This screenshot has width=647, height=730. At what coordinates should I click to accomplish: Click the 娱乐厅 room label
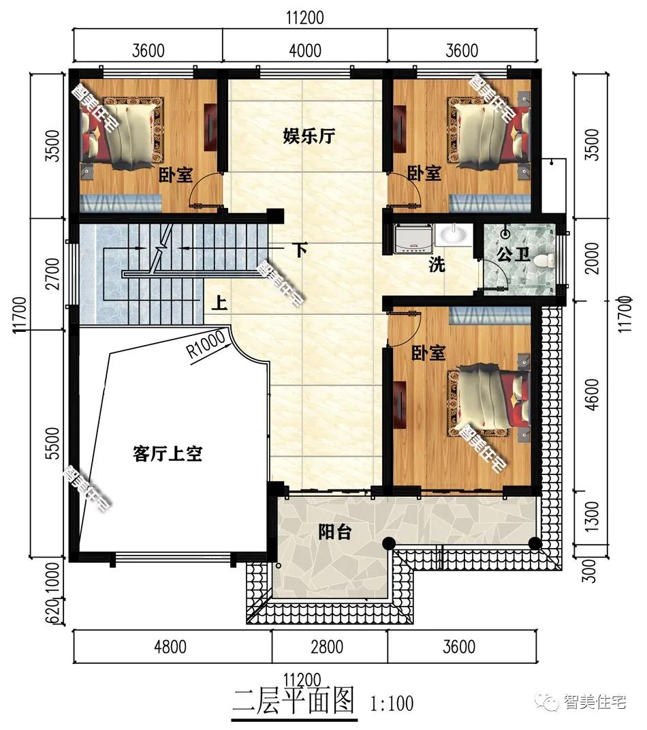pyautogui.click(x=309, y=136)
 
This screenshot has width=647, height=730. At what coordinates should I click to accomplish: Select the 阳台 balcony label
pyautogui.click(x=334, y=532)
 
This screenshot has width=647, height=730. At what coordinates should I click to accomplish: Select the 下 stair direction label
pyautogui.click(x=300, y=249)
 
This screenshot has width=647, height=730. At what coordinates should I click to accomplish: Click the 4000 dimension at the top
pyautogui.click(x=304, y=50)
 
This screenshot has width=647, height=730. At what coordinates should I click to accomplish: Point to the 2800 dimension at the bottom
pyautogui.click(x=327, y=646)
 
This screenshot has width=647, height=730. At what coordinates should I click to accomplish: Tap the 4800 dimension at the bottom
pyautogui.click(x=170, y=646)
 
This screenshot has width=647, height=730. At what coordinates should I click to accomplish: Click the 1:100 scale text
pyautogui.click(x=392, y=703)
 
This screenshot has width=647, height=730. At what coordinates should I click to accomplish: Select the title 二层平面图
pyautogui.click(x=294, y=700)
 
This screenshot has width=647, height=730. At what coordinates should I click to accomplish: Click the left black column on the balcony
pyautogui.click(x=389, y=543)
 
